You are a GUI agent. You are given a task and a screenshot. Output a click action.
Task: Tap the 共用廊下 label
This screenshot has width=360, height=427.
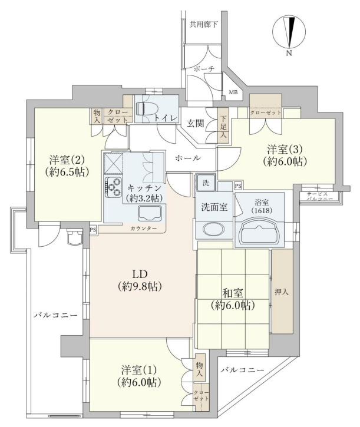[204, 25]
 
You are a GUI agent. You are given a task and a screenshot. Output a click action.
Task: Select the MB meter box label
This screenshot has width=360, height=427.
[233, 92]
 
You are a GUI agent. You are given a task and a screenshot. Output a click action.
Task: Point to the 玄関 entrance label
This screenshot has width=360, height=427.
[195, 123]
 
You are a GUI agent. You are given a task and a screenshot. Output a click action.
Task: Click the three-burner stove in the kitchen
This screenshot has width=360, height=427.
[113, 187]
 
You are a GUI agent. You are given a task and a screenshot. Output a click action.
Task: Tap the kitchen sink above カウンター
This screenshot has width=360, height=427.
[150, 213]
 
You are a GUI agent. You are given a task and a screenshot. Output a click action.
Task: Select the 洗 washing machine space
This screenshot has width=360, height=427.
[206, 183]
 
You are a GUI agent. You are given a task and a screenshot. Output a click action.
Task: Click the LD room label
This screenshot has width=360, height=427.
[140, 280]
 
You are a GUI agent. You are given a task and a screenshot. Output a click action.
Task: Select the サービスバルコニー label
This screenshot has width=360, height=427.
[320, 197]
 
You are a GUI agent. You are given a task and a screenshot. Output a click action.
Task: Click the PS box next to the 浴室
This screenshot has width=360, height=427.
[238, 186]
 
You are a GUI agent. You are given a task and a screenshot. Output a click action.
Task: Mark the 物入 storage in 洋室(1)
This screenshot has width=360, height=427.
[199, 369]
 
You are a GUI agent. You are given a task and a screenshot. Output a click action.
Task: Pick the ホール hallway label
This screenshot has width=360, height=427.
[188, 158]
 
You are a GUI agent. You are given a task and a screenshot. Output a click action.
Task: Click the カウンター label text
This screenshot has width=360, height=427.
[144, 228]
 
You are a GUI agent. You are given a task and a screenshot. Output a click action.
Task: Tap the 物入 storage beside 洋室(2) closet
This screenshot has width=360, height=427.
[97, 116]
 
